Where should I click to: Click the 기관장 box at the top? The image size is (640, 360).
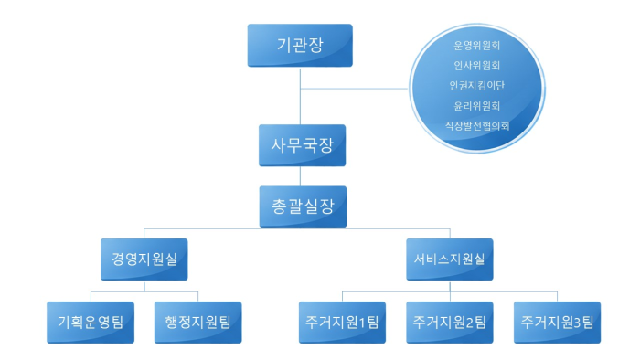pos(300,45)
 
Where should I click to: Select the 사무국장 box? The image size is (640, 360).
pos(300,145)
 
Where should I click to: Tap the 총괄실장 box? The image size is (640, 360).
pos(300,206)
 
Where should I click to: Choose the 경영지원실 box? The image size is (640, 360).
pos(144,259)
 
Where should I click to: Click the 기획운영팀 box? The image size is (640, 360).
pos(91,322)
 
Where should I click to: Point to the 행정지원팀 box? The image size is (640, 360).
pos(197,322)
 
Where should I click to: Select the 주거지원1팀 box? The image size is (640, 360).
pos(343,322)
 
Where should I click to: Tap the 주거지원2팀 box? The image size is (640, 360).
pos(450,322)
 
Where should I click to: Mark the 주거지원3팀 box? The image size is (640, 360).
pos(557,322)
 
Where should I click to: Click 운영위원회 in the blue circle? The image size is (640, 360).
pos(476,44)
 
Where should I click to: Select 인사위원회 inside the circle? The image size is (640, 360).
pos(476,65)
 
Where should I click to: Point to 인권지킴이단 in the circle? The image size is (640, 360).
pos(476,85)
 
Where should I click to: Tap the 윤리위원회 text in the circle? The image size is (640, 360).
pos(476,105)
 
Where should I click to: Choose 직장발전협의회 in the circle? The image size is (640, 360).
pos(476,125)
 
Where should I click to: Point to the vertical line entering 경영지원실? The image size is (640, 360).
pos(144,232)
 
